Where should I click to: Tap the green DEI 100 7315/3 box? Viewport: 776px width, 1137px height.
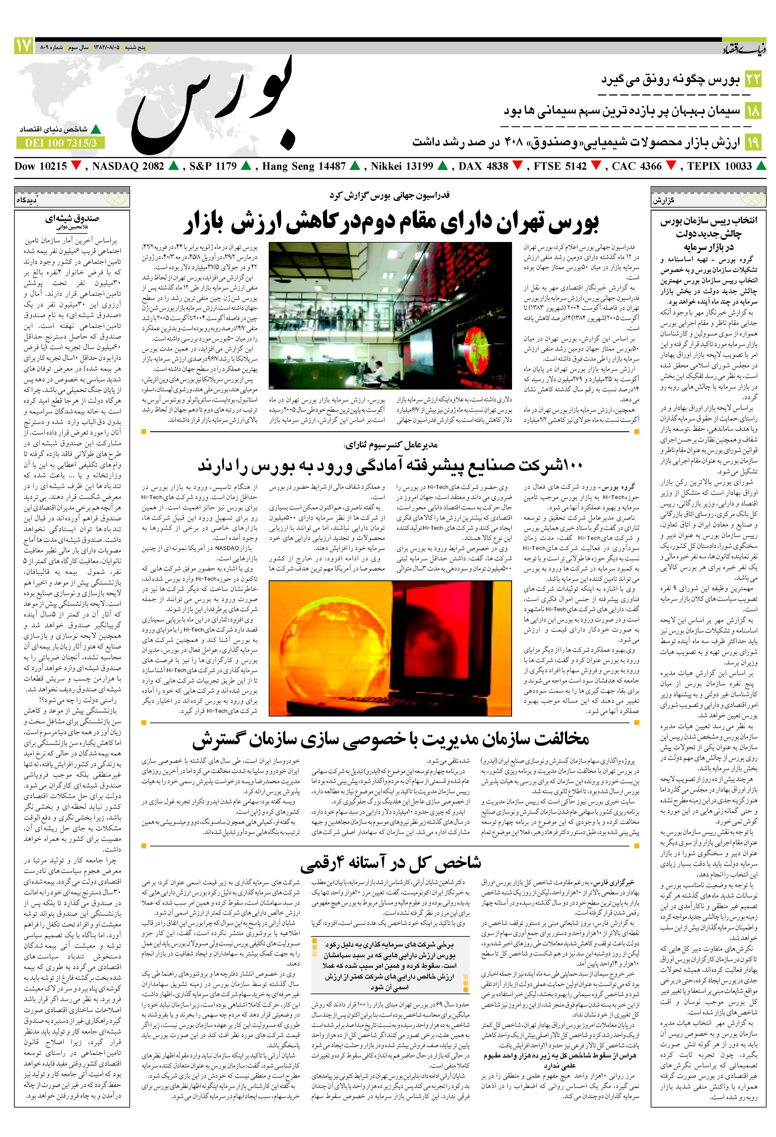point(61,143)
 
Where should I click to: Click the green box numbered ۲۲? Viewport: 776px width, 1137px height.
point(753,79)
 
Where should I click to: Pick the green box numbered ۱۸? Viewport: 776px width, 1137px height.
point(753,111)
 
